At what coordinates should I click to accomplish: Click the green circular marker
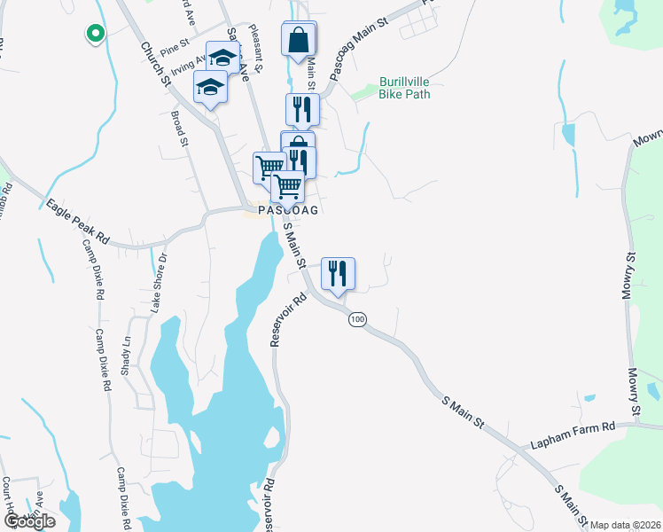pyautogui.click(x=94, y=34)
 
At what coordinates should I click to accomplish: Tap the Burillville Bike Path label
pyautogui.click(x=404, y=87)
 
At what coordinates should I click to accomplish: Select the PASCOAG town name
pyautogui.click(x=287, y=211)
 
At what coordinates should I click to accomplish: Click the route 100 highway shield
pyautogui.click(x=357, y=319)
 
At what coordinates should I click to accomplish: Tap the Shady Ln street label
pyautogui.click(x=127, y=353)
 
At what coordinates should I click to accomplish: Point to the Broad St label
pyautogui.click(x=180, y=129)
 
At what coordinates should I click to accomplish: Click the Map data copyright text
pyautogui.click(x=625, y=525)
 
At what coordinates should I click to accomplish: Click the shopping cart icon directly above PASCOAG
pyautogui.click(x=288, y=187)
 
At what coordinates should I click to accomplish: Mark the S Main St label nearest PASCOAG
pyautogui.click(x=294, y=246)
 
